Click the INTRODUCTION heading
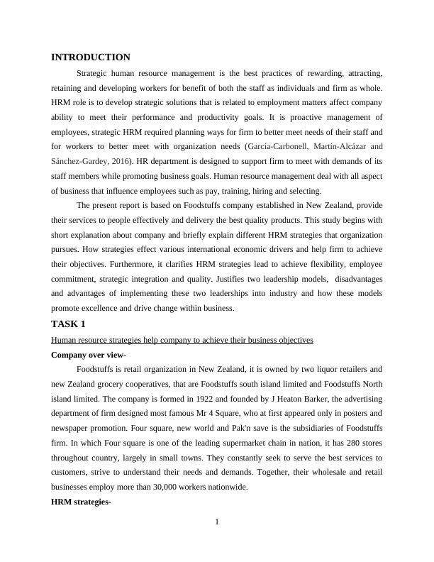tap(91, 57)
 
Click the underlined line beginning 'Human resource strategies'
tap(182, 340)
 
